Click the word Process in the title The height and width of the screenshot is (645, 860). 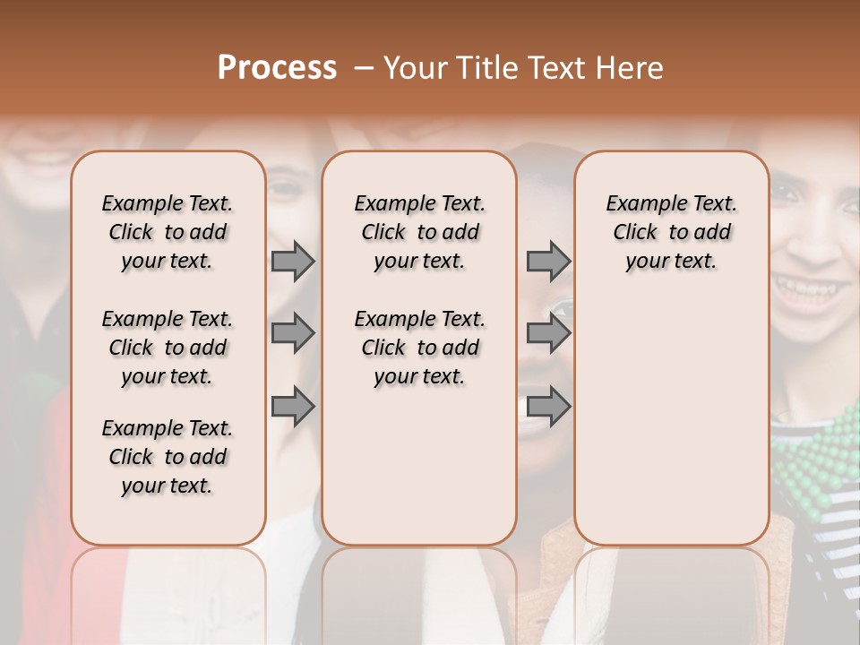[277, 68]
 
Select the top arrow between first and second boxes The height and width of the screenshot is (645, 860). [293, 261]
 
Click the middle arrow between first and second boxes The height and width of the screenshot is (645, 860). [293, 333]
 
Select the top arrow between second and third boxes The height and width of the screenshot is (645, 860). [548, 261]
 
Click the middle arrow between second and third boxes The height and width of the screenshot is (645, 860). [548, 333]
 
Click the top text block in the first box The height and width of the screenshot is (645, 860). [168, 232]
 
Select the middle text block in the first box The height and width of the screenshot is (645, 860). [168, 348]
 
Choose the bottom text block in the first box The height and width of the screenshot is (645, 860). [168, 457]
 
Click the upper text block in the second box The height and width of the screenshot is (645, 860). [419, 232]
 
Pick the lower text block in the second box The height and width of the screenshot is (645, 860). [419, 348]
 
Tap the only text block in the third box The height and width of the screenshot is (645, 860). [671, 232]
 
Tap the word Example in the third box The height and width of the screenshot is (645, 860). [639, 204]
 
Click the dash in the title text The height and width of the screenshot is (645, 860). [364, 68]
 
